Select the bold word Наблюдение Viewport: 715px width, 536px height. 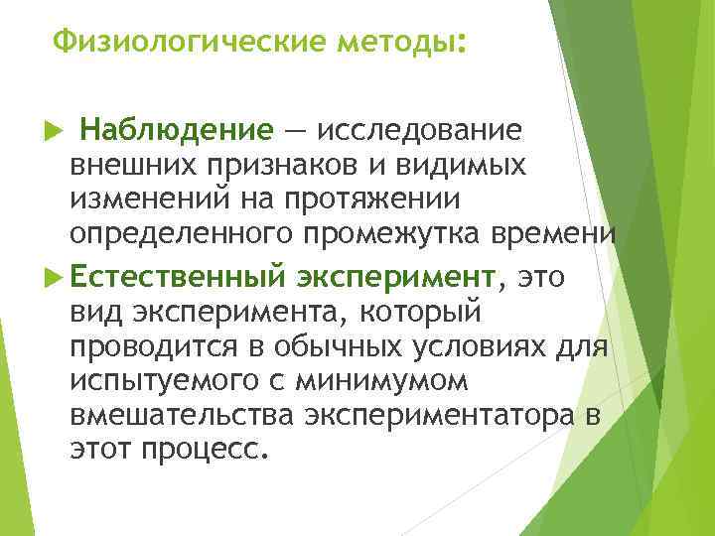176,131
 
